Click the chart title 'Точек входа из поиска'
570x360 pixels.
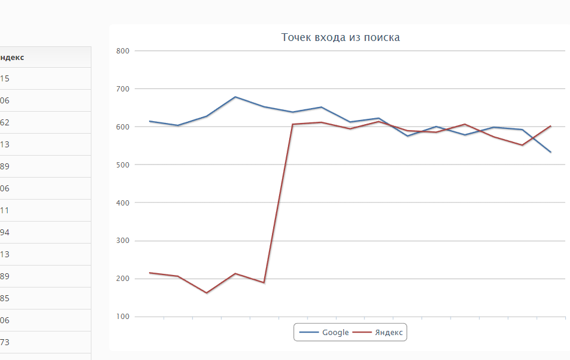340,37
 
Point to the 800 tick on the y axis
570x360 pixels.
123,51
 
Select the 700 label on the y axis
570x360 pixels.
123,89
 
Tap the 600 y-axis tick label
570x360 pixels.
123,127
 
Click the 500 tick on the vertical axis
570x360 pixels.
123,165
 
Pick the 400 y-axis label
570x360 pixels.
123,203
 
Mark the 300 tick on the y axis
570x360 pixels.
123,241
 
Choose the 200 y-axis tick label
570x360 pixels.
123,279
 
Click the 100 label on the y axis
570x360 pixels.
123,317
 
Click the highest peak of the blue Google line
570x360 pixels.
235,97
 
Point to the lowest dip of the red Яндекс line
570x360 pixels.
207,293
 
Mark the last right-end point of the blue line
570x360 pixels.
551,152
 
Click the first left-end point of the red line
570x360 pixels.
150,273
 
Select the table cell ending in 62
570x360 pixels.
5,122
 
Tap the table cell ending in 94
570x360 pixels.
5,232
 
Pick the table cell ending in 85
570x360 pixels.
5,298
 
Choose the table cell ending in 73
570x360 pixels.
5,342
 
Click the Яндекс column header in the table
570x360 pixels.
12,57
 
